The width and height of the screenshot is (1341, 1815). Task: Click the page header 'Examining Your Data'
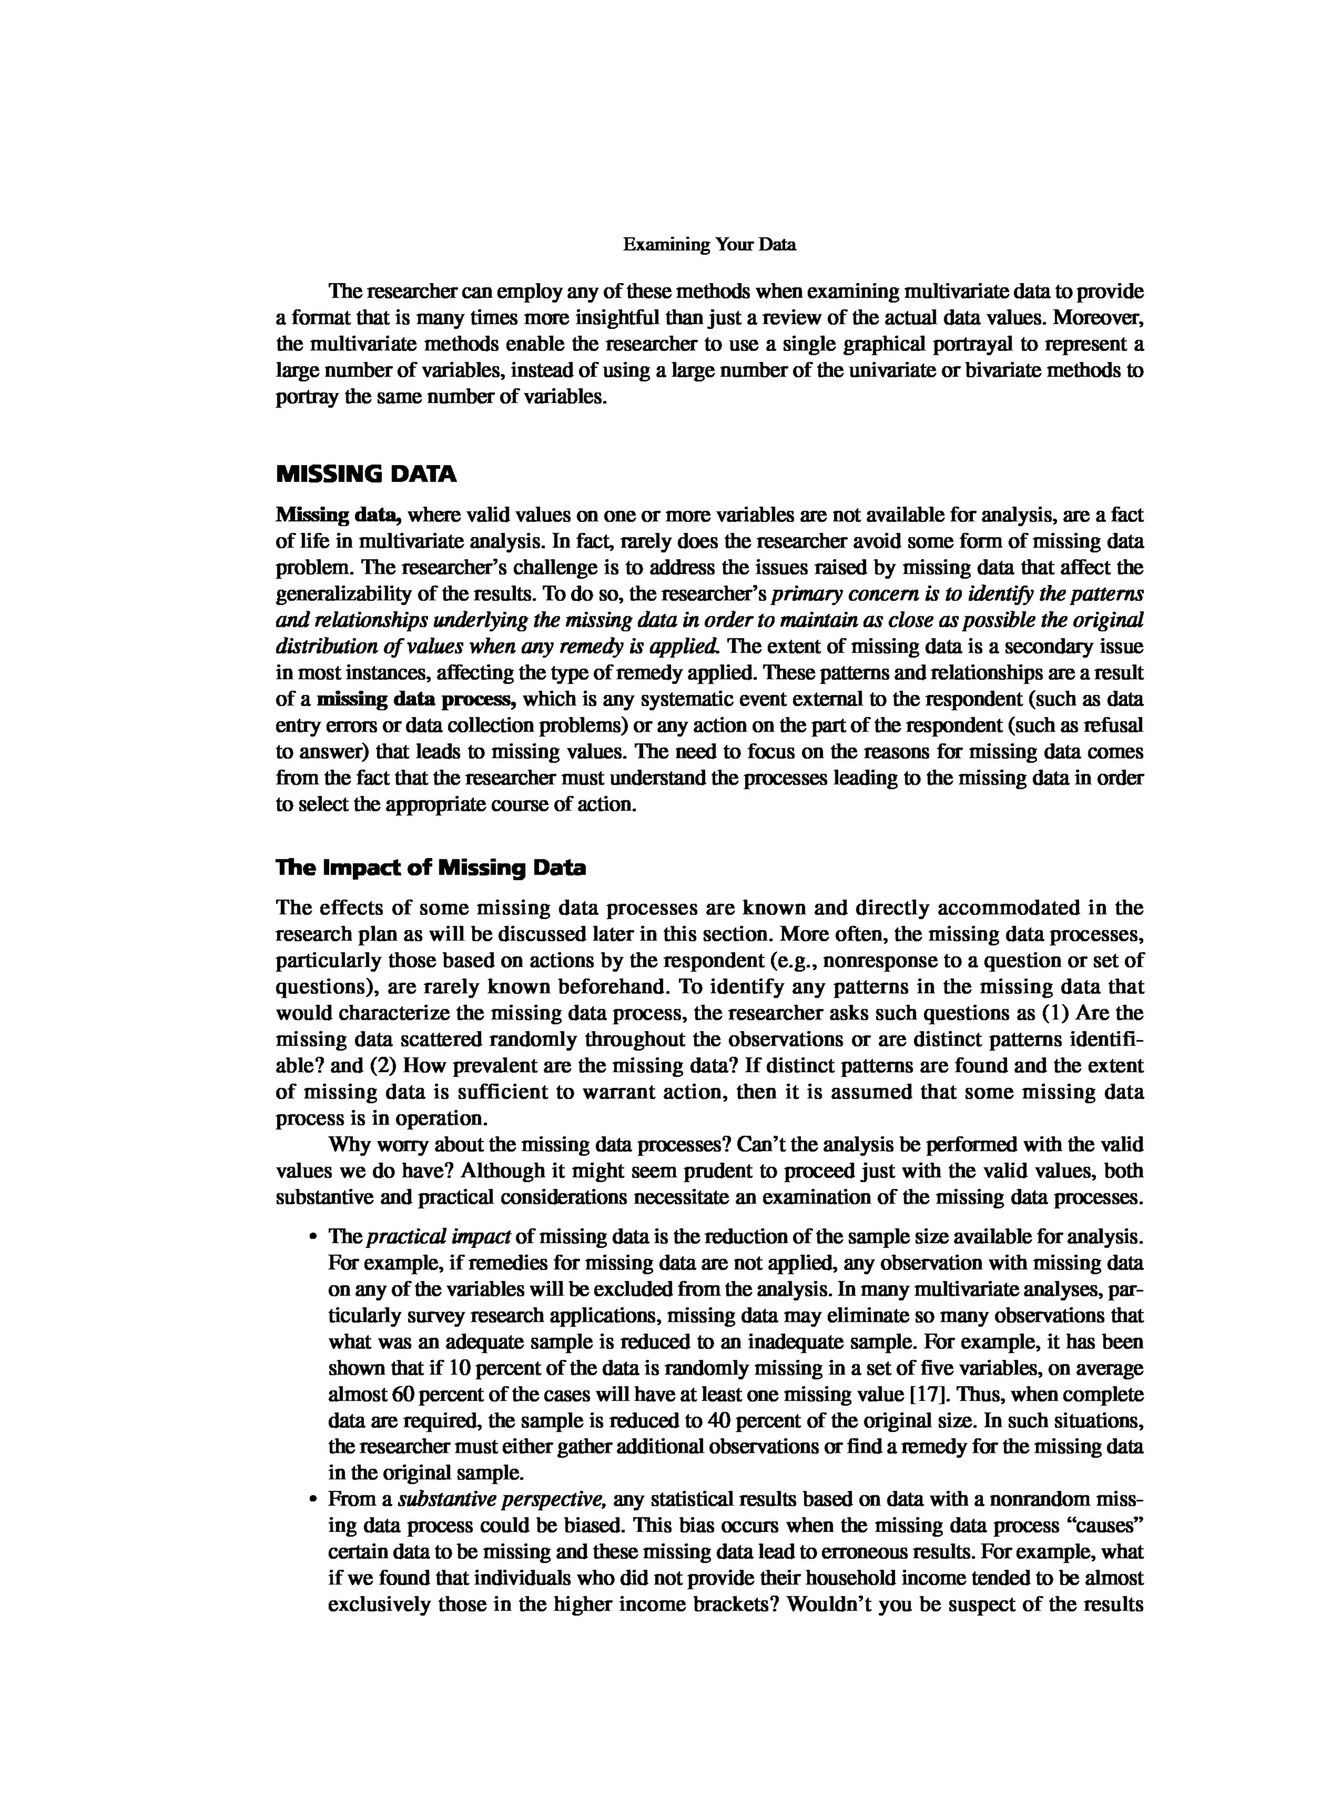[708, 244]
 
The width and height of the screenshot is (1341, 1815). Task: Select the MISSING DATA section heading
[366, 474]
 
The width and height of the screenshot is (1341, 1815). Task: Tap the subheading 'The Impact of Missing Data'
[430, 868]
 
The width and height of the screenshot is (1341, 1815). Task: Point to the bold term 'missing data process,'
[417, 699]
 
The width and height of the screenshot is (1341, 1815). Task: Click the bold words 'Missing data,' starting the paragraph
[339, 515]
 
